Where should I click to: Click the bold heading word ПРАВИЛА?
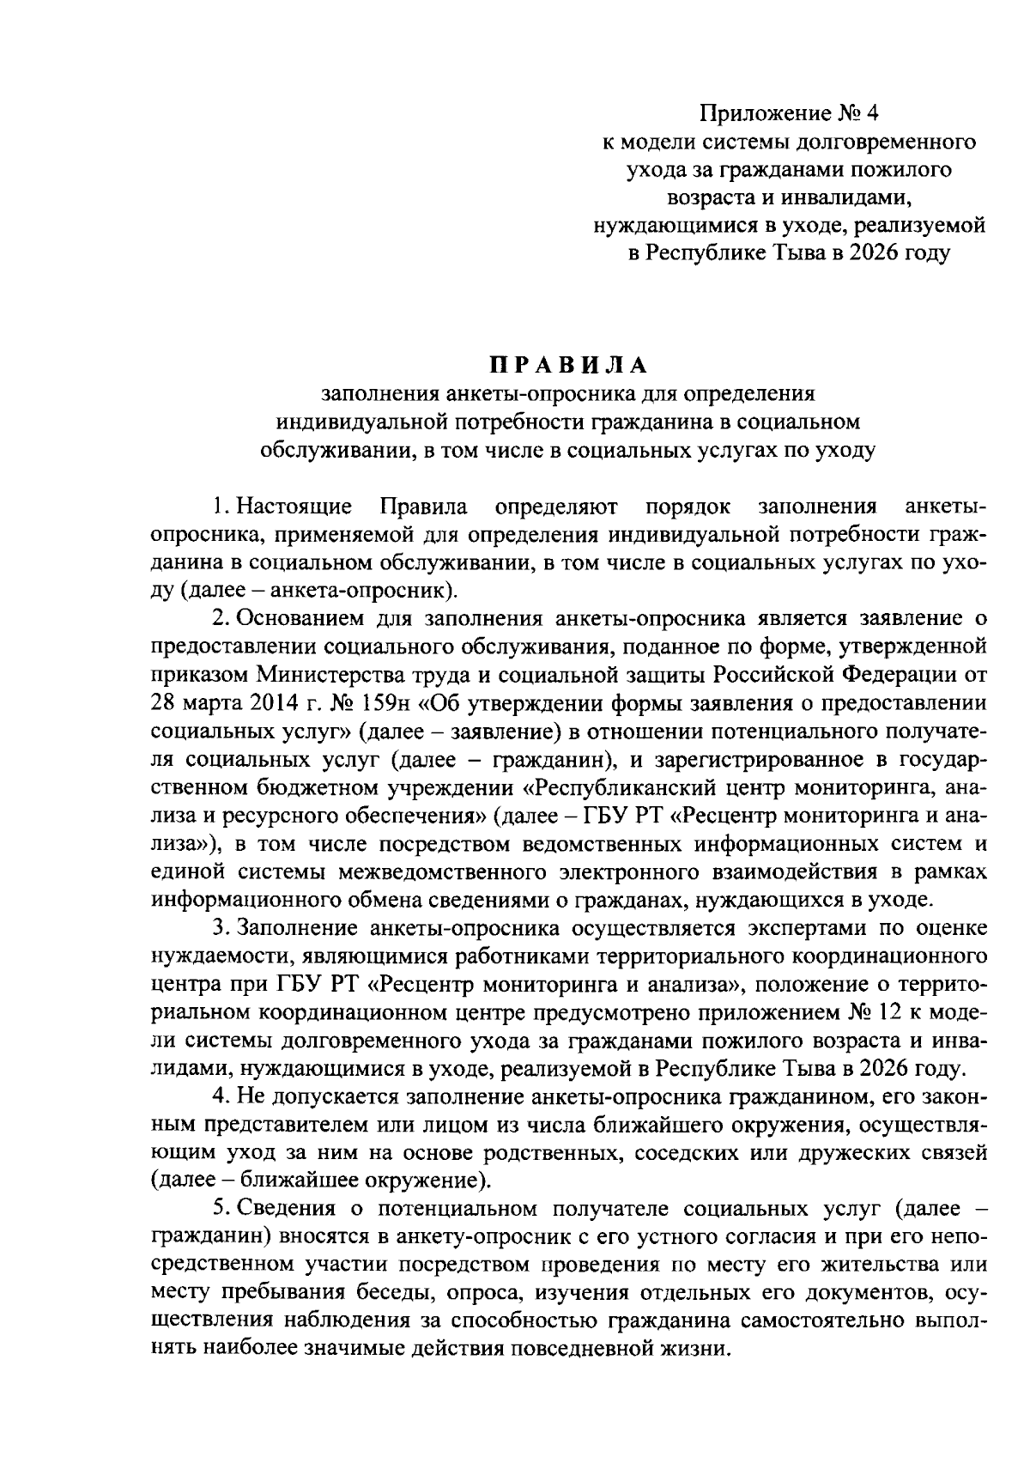pos(567,366)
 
